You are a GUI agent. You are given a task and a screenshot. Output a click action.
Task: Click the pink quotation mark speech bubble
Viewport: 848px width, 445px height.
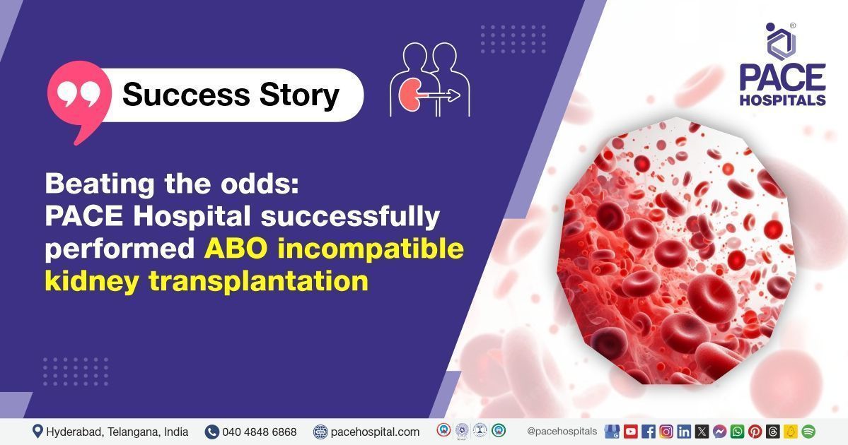(x=79, y=97)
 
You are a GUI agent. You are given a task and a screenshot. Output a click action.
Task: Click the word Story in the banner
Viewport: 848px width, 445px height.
(x=299, y=95)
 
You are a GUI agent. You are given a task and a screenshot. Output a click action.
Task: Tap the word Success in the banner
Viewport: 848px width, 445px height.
(x=186, y=95)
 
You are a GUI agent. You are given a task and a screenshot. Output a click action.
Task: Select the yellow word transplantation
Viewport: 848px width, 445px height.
(x=259, y=282)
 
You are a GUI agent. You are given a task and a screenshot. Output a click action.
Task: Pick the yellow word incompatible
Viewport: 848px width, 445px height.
(x=371, y=249)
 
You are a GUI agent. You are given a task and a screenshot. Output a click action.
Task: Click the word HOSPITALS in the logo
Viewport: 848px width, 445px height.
(x=782, y=100)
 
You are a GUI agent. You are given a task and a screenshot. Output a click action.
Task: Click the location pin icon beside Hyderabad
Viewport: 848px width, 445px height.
(x=37, y=431)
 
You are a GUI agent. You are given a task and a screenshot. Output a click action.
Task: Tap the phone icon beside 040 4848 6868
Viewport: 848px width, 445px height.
(x=211, y=432)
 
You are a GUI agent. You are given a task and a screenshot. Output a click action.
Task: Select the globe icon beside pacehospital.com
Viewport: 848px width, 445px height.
(x=320, y=432)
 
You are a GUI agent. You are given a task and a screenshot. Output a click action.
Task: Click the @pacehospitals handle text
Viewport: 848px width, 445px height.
(x=562, y=432)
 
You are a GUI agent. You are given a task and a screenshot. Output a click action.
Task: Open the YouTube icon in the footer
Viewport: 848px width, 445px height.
(x=631, y=432)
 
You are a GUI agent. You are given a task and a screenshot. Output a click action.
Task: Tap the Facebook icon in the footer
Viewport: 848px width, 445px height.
(x=649, y=432)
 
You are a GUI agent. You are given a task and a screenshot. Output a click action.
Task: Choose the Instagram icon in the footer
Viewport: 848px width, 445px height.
(x=666, y=432)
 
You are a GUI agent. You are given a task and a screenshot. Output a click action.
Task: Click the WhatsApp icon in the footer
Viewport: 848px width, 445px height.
(x=737, y=432)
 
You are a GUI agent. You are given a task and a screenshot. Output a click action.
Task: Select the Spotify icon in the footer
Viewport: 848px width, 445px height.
(x=808, y=432)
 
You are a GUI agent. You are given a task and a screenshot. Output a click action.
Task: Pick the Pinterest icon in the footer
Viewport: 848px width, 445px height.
(x=755, y=432)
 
